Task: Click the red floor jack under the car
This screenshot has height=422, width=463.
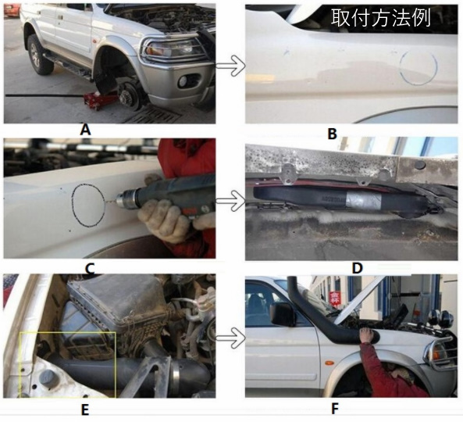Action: (97, 99)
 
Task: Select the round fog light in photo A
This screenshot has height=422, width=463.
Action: (184, 80)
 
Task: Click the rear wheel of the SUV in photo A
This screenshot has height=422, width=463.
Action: (39, 55)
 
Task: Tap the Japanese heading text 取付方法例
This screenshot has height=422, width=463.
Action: (380, 18)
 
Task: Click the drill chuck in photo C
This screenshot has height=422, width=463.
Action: (126, 198)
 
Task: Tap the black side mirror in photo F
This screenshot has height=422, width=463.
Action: (283, 314)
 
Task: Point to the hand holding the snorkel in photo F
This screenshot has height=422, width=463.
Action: (367, 334)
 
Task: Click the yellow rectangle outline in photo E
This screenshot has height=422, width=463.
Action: (20, 365)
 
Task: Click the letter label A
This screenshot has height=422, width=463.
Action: (85, 130)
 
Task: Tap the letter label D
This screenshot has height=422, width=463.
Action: (357, 268)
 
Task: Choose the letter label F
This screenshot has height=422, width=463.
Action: (334, 409)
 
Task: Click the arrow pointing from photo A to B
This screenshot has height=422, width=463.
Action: (230, 66)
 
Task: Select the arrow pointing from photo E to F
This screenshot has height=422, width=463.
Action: (230, 338)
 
